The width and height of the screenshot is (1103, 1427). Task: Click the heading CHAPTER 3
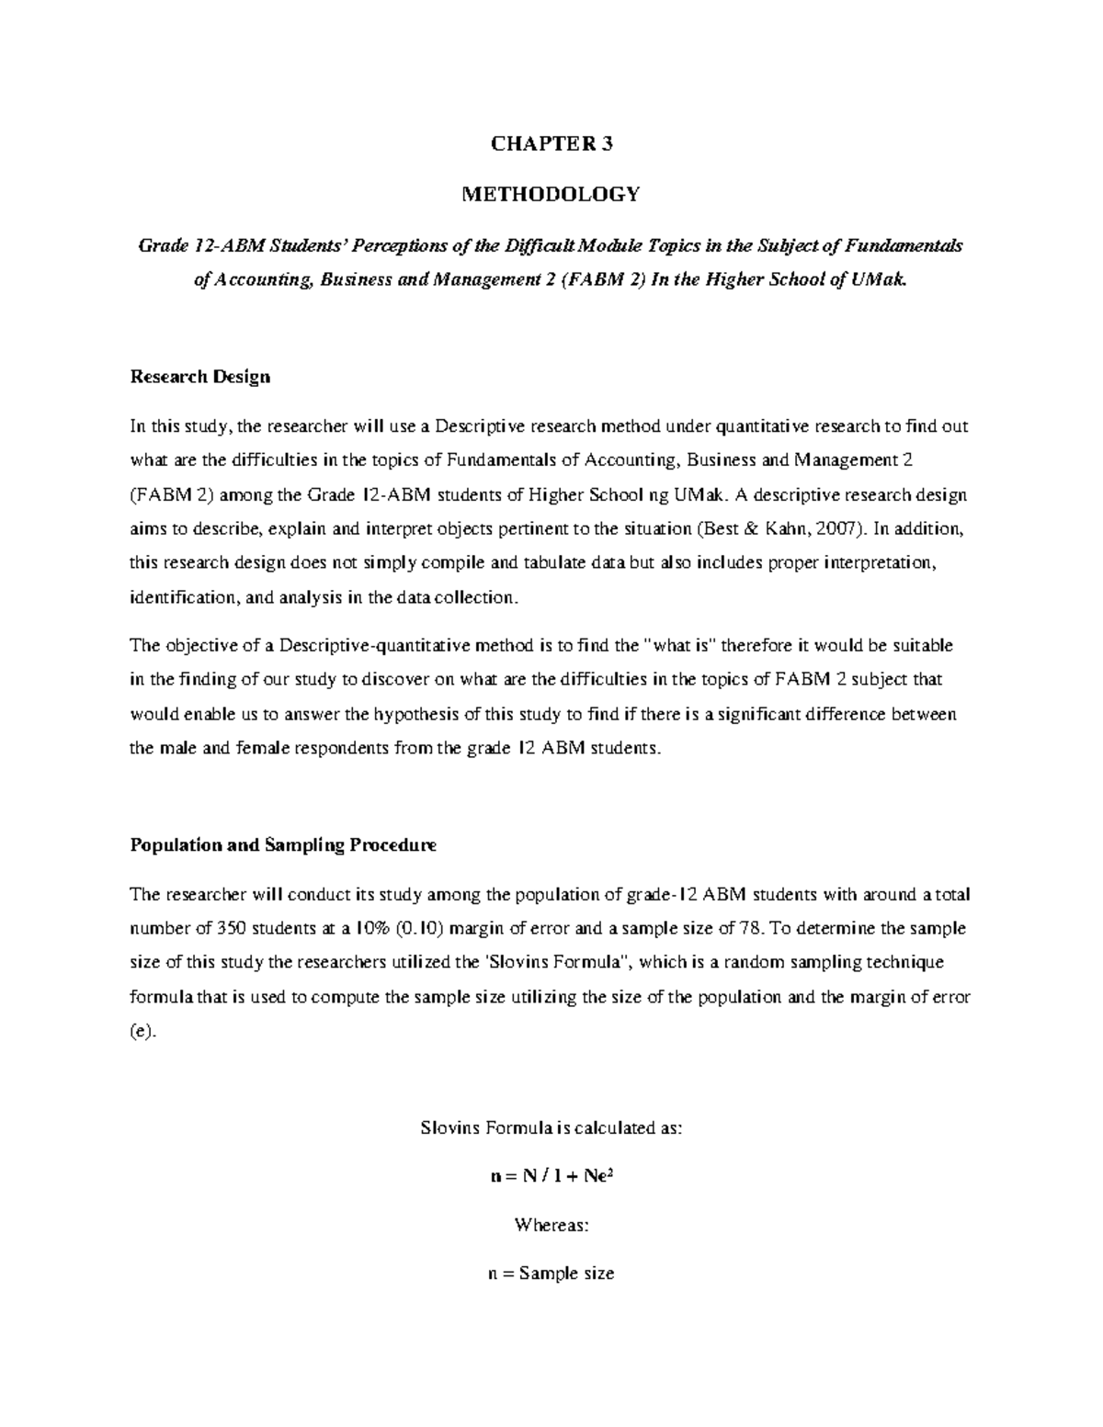pyautogui.click(x=551, y=144)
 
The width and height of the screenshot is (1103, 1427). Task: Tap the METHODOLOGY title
pyautogui.click(x=551, y=195)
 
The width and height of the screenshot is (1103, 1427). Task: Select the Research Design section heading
pyautogui.click(x=200, y=377)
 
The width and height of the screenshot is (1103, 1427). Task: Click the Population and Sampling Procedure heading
pyautogui.click(x=283, y=845)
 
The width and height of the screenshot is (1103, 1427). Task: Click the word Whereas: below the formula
pyautogui.click(x=551, y=1226)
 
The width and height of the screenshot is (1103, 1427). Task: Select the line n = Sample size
pyautogui.click(x=551, y=1274)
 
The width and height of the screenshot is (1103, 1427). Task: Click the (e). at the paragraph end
pyautogui.click(x=143, y=1031)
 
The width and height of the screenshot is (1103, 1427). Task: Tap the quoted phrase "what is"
pyautogui.click(x=684, y=646)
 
